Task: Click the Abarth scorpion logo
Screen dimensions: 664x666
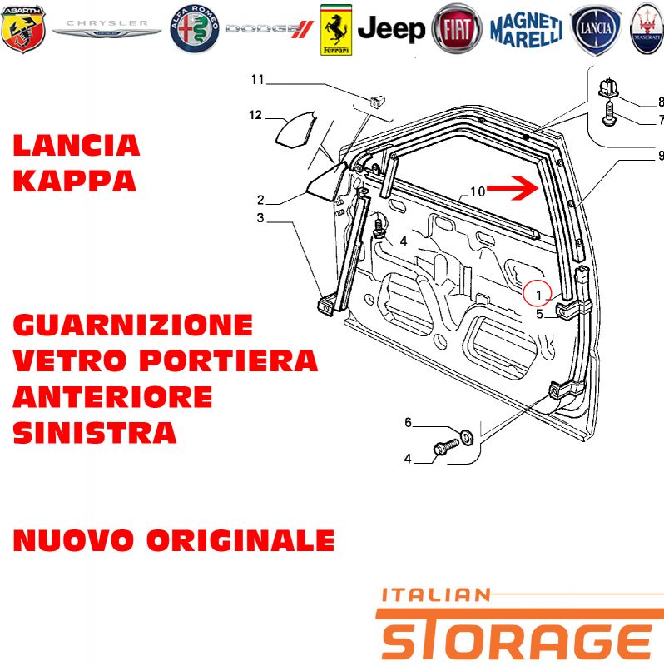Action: click(23, 29)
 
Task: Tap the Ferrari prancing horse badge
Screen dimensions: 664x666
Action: click(336, 30)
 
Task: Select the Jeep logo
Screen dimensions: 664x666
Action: click(391, 29)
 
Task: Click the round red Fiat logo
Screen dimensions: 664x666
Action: click(457, 29)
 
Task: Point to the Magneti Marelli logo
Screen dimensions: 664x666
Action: click(527, 30)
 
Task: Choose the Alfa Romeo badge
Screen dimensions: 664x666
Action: click(195, 29)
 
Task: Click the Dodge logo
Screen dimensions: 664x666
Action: click(270, 29)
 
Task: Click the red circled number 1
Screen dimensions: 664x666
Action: click(537, 294)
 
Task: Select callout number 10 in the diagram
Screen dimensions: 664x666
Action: click(477, 191)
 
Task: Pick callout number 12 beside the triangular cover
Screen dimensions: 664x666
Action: click(255, 115)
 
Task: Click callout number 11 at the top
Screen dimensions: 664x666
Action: click(257, 79)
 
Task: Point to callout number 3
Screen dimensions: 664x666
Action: click(260, 217)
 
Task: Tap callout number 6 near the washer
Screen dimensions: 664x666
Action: click(408, 422)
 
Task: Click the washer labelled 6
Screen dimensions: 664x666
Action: click(468, 437)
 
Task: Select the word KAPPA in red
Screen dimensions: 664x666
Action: click(75, 181)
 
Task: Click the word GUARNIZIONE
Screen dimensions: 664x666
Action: click(133, 325)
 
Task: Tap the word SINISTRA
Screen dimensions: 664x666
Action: click(95, 433)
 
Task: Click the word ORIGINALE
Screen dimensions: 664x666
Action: click(240, 540)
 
